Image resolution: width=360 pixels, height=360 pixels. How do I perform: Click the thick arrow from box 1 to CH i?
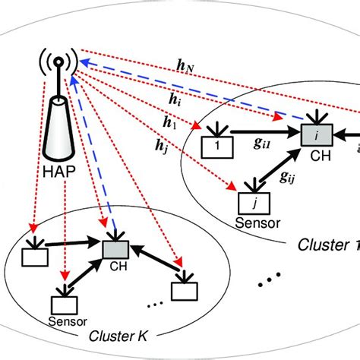point(263,141)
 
